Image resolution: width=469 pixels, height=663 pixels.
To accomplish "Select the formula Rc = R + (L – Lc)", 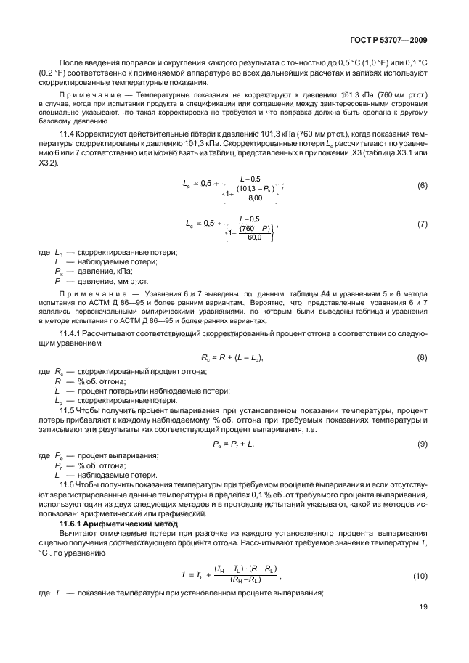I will (x=232, y=359).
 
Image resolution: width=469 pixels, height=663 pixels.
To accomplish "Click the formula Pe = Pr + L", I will (x=232, y=442).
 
